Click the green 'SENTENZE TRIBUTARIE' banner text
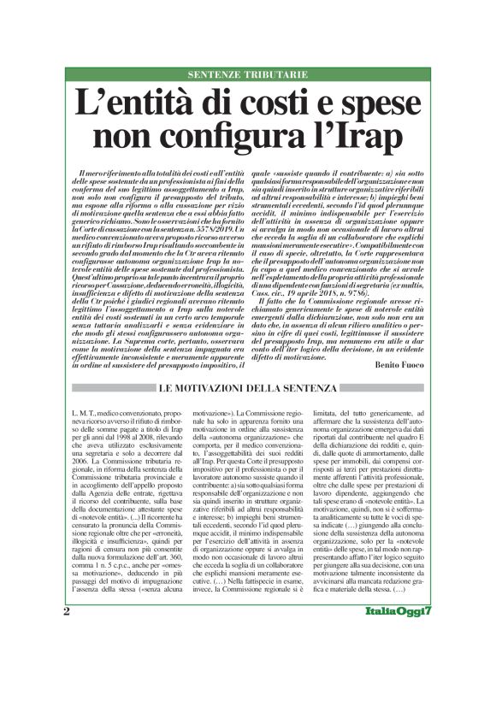click(x=247, y=75)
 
